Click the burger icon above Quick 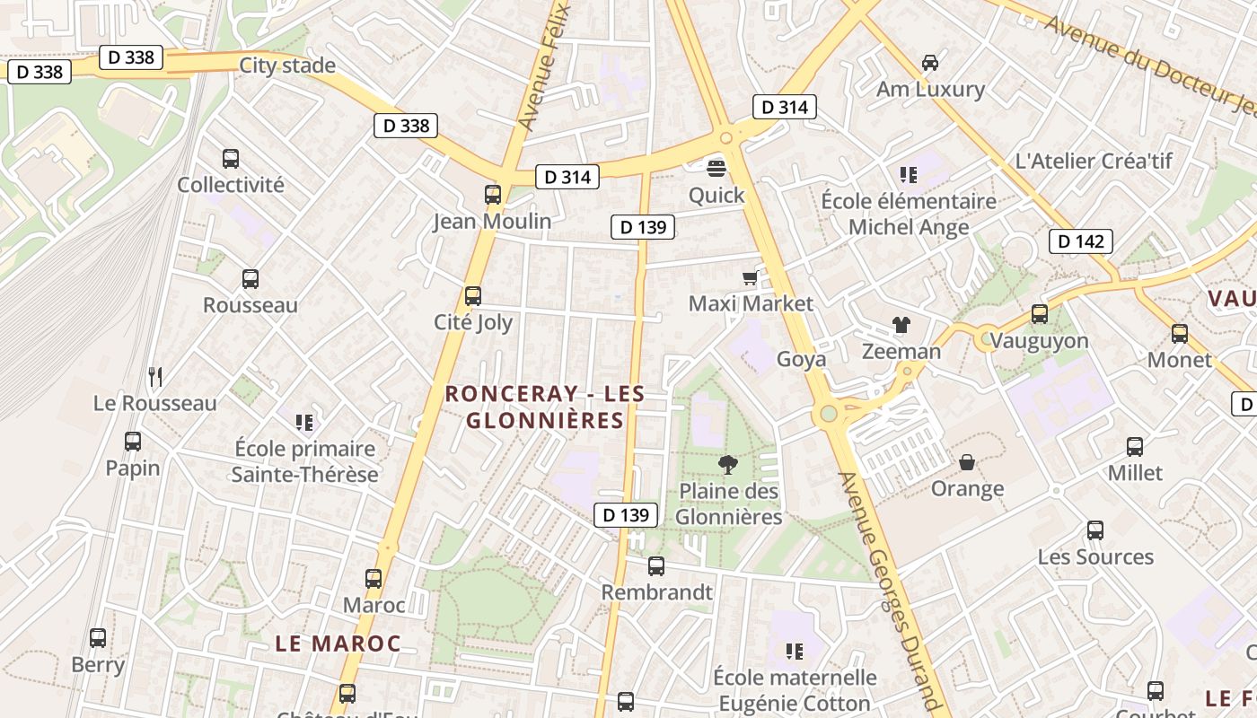(x=716, y=167)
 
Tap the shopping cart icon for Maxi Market (x=750, y=278)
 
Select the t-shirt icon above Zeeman (x=901, y=325)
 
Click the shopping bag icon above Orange (x=967, y=462)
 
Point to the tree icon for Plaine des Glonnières (x=727, y=464)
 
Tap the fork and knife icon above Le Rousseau (x=155, y=376)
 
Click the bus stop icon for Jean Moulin (x=492, y=194)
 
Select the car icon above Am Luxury (x=930, y=63)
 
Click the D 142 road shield (x=1081, y=241)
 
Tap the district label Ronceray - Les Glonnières (x=545, y=407)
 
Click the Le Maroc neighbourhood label (x=338, y=644)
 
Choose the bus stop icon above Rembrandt (x=656, y=566)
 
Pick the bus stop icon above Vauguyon (x=1039, y=314)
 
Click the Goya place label (x=801, y=359)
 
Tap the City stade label (x=286, y=66)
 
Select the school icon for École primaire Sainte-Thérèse (x=304, y=421)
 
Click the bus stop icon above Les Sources (x=1094, y=530)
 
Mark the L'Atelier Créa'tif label (x=1093, y=162)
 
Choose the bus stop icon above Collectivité (x=231, y=159)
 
